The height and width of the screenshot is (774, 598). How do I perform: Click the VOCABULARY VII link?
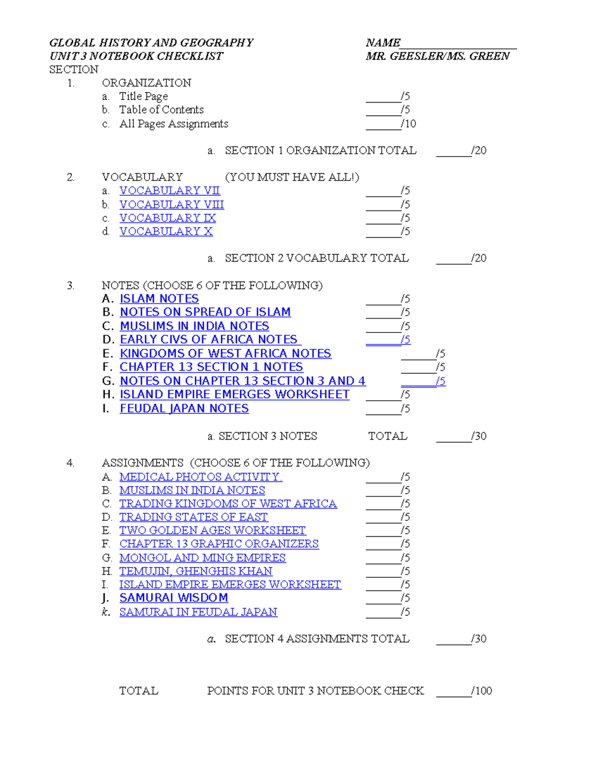169,191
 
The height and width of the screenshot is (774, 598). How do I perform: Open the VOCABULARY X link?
166,232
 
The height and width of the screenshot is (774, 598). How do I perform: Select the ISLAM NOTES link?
159,299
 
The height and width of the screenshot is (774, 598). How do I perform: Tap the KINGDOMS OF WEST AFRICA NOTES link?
225,354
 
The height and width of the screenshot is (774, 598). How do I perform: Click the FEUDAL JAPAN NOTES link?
184,409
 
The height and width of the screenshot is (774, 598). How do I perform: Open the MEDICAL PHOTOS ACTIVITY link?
200,477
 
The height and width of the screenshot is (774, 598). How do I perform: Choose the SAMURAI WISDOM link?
173,598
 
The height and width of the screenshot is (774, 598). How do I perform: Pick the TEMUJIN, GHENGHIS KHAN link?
196,571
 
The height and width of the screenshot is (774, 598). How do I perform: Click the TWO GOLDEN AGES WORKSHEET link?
212,531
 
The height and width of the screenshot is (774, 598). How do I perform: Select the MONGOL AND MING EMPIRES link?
202,558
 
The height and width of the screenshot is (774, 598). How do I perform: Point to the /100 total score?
481,691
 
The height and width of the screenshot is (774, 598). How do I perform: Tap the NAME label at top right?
383,43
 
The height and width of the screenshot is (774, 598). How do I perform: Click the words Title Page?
144,96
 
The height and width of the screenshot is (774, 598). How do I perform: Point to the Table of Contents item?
161,110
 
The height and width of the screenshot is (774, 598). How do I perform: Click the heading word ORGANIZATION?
147,83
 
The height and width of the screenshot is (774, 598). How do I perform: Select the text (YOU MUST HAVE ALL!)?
292,177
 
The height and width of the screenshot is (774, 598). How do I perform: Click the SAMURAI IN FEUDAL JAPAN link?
198,612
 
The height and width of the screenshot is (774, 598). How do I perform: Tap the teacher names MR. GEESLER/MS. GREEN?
437,56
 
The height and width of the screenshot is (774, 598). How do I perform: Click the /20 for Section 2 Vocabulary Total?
479,258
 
